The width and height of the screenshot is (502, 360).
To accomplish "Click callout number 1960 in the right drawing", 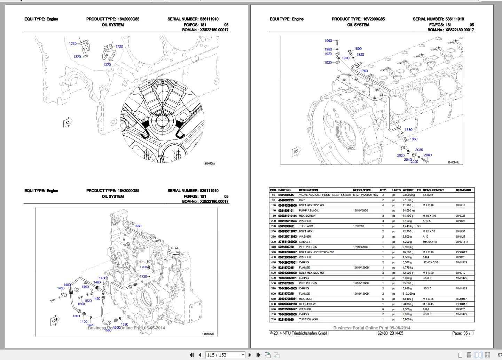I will coord(328,41).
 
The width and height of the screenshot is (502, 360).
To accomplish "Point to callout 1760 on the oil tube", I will coord(364,71).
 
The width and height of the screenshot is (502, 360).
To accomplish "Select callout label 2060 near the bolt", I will coord(428,155).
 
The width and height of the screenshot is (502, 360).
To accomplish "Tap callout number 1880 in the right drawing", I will coord(408,130).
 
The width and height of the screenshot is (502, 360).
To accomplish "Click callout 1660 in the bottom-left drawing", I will coord(138,226).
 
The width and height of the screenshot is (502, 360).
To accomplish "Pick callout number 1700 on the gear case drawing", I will coord(143,267).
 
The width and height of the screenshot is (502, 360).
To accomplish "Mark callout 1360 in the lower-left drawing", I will coord(76,316).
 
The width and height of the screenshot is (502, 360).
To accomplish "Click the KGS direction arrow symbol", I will coord(55,321).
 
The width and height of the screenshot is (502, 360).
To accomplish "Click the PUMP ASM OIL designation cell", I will coord(308,210).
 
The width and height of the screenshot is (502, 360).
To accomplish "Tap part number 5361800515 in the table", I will coord(286,195).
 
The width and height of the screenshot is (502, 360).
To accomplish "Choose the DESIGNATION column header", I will coord(308,190).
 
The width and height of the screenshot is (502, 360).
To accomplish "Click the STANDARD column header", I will coord(463,190).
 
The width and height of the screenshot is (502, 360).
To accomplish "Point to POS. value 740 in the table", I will coord(273,319).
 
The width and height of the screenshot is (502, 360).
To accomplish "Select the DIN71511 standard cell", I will coord(462,242).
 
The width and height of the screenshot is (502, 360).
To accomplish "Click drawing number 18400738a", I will coord(209,163).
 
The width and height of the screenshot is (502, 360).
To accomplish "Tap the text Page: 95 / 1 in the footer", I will coord(463,333).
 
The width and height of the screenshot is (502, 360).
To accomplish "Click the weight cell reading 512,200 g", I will coord(409,294).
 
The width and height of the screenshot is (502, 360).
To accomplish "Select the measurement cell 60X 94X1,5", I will coord(430,242).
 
